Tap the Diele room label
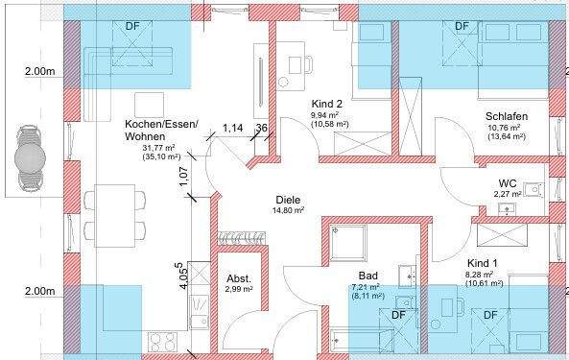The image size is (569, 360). click(x=287, y=199)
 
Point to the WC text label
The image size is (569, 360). click(x=508, y=182)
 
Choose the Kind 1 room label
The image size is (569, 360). click(x=483, y=262)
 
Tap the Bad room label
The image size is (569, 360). click(x=367, y=275)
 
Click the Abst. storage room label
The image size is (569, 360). click(x=238, y=277)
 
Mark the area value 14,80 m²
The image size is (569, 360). click(x=288, y=210)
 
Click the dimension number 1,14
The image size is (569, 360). click(x=231, y=127)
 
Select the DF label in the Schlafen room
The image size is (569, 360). click(x=461, y=26)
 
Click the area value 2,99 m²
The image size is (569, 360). click(x=238, y=288)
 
